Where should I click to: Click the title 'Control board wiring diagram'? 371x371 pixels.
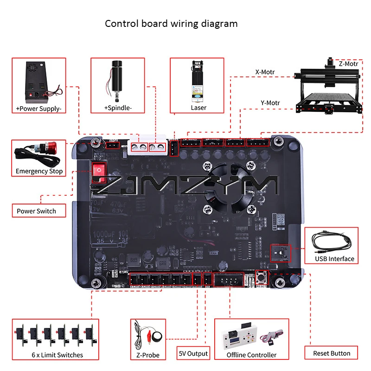[171, 24]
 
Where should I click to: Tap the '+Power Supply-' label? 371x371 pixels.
[38, 109]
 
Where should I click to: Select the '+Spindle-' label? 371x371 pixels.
[118, 109]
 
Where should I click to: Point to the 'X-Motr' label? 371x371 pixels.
[265, 72]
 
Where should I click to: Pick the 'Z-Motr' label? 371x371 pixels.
[348, 64]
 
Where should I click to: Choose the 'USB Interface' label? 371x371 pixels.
[334, 259]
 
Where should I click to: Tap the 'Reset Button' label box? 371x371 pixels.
[331, 353]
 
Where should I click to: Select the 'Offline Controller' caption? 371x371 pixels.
[251, 355]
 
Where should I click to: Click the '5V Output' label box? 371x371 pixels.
[193, 353]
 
